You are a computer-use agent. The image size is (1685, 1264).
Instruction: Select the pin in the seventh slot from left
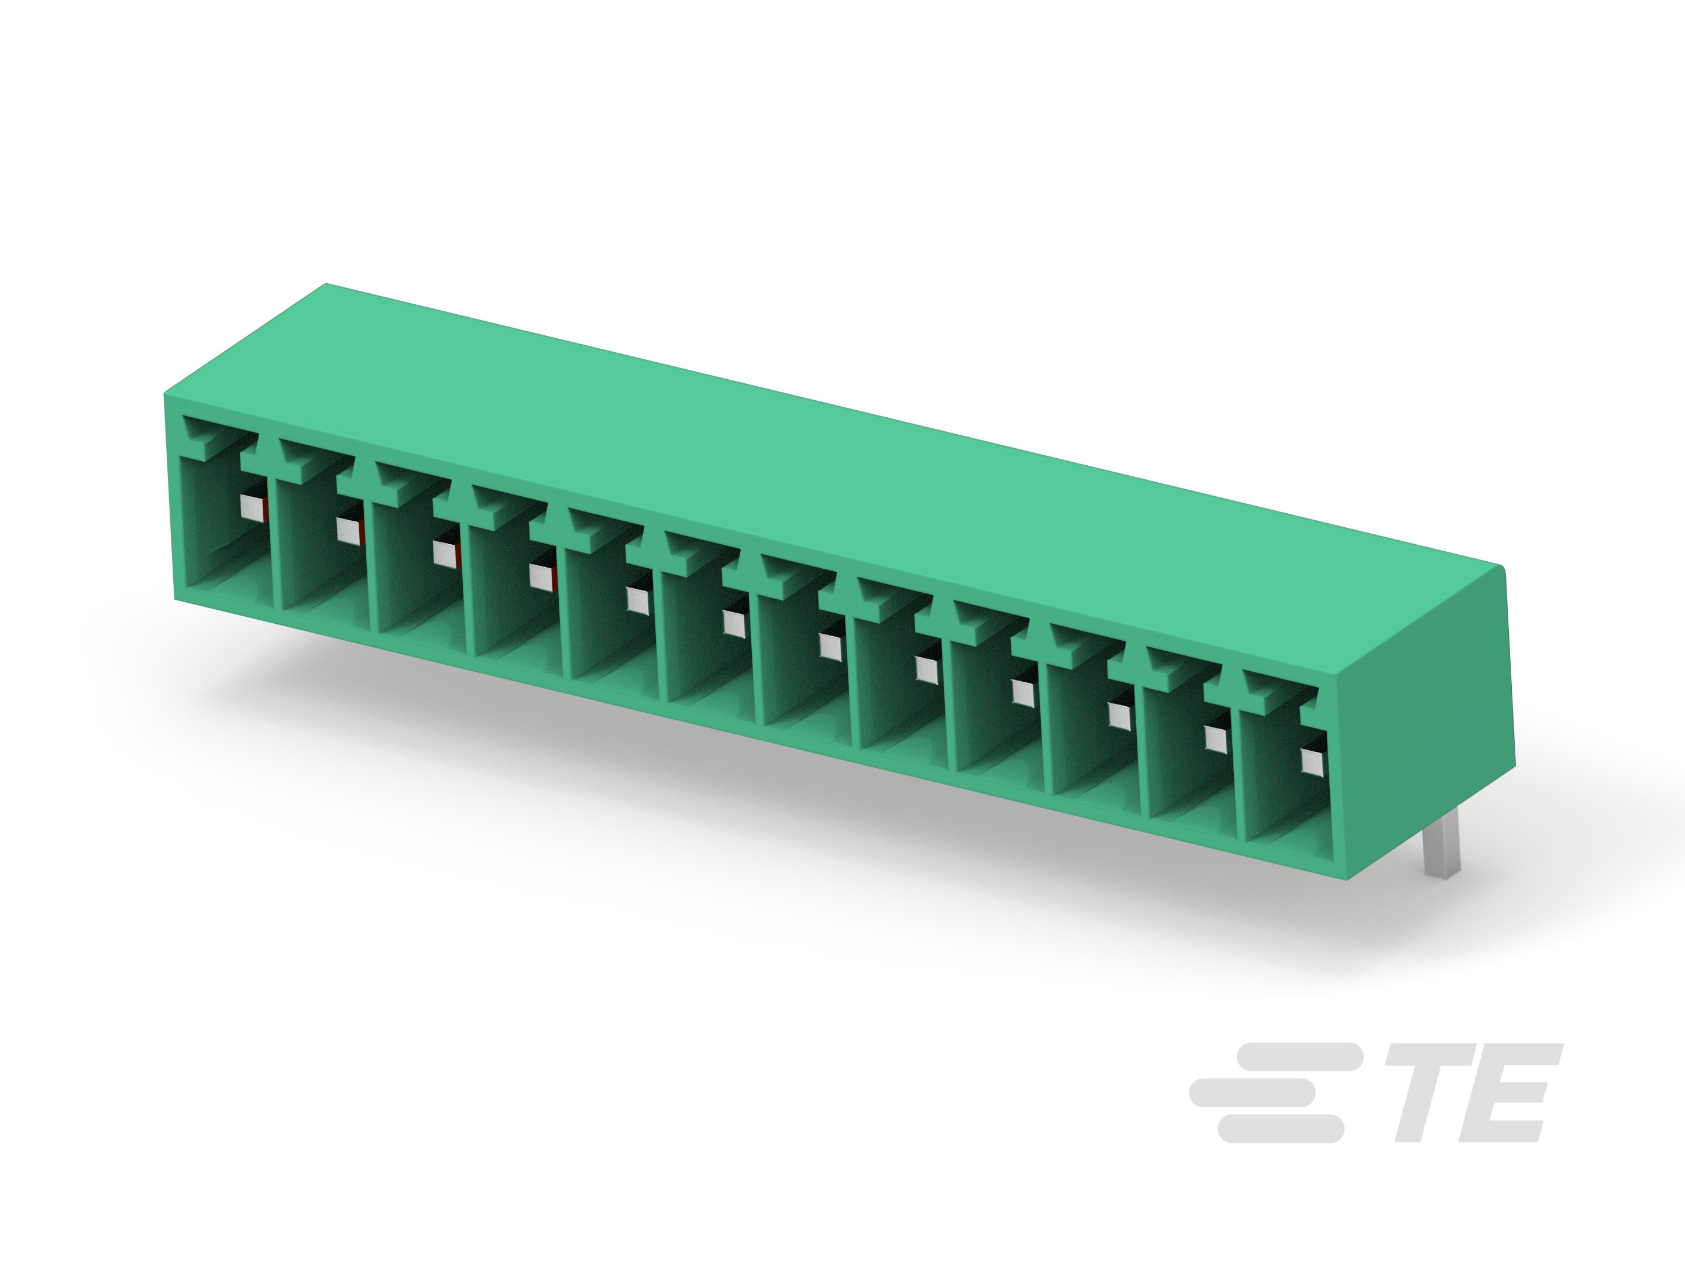(830, 647)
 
